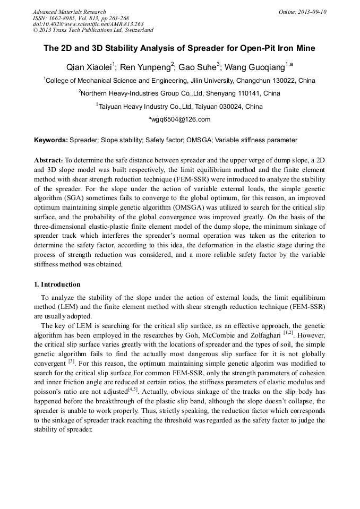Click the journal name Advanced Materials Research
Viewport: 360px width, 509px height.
(x=69, y=12)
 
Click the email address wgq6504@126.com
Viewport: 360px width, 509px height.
(x=181, y=119)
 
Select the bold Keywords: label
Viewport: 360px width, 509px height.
(x=51, y=140)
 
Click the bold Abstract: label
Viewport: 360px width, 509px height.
(x=49, y=160)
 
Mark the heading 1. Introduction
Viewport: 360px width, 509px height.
(x=57, y=284)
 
